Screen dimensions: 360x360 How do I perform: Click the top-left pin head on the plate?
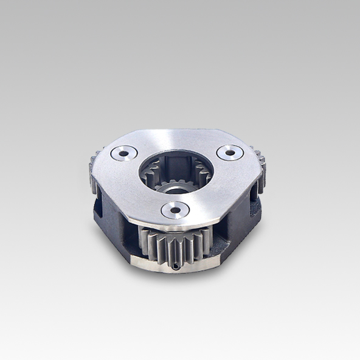pyautogui.click(x=123, y=154)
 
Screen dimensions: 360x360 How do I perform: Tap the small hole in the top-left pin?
pyautogui.click(x=123, y=154)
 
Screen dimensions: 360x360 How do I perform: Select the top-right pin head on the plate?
pyautogui.click(x=230, y=152)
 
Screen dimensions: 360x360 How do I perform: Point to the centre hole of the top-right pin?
pyautogui.click(x=230, y=152)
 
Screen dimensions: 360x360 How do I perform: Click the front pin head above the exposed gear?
pyautogui.click(x=175, y=210)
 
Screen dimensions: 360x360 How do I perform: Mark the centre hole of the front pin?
pyautogui.click(x=175, y=210)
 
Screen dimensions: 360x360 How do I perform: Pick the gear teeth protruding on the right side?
pyautogui.click(x=260, y=164)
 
